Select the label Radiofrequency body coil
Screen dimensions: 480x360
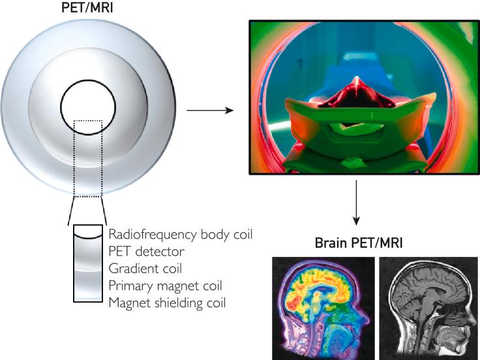click(x=181, y=233)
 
